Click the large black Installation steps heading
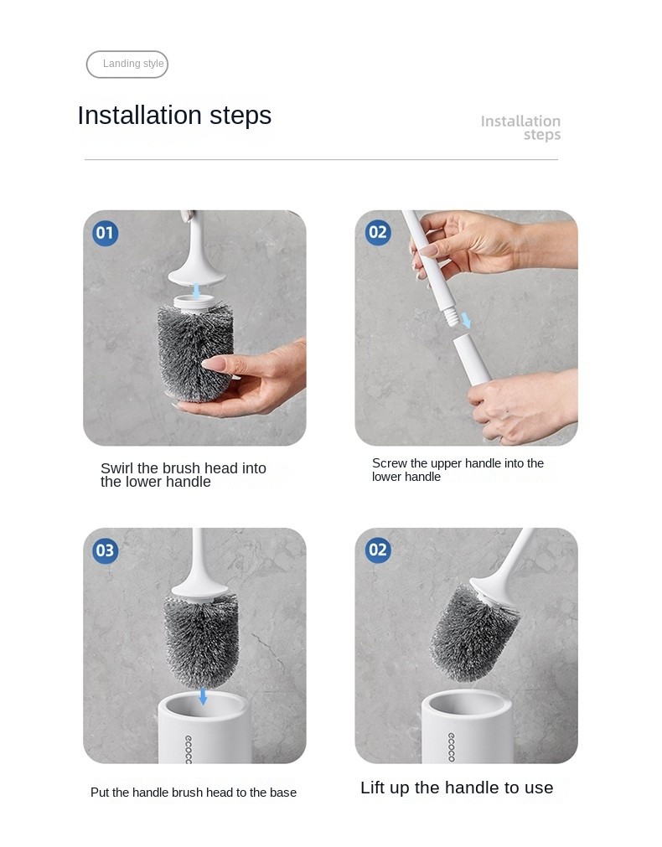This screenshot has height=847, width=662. coord(174,116)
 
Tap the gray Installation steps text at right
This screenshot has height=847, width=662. coord(520,127)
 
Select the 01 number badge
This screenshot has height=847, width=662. coord(106,234)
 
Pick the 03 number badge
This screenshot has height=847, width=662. coord(106,550)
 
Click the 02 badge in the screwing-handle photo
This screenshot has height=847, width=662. coord(378,233)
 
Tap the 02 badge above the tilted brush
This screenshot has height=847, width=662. coord(378,550)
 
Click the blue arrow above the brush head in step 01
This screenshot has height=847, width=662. coord(196,292)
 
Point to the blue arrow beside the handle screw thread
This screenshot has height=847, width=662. coord(466,320)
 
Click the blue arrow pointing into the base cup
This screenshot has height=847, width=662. coord(203,695)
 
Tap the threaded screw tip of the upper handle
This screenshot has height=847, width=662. coord(451,316)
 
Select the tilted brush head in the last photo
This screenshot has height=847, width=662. coord(473,633)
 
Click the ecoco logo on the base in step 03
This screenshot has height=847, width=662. coord(188,749)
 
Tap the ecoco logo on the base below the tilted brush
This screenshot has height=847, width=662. coord(451,747)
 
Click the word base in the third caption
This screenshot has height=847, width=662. coord(283,793)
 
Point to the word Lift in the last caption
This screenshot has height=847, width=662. coord(371,788)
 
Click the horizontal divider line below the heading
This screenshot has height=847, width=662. coord(321,160)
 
